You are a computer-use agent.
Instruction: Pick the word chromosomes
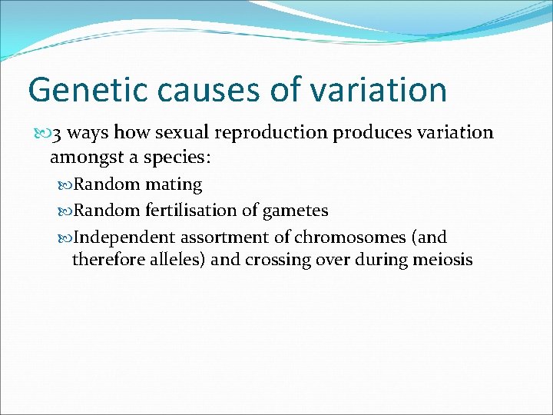click(x=337, y=237)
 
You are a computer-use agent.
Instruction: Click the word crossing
click(x=278, y=260)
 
